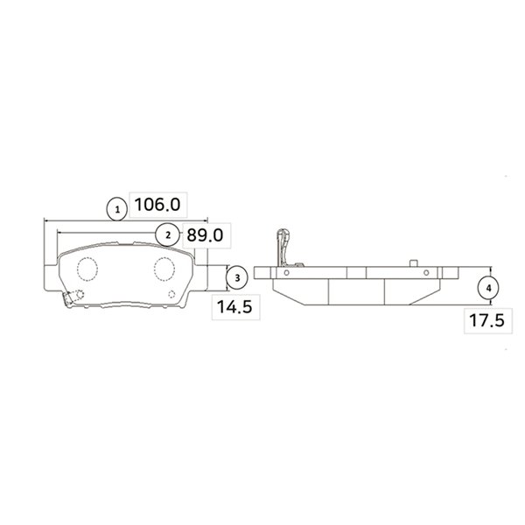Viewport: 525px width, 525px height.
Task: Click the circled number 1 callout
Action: (x=117, y=210)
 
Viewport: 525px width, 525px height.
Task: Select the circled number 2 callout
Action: (x=168, y=235)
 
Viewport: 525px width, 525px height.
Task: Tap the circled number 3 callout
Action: (x=237, y=278)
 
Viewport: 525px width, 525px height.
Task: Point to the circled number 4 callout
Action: (x=488, y=288)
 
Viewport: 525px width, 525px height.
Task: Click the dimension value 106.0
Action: (x=157, y=205)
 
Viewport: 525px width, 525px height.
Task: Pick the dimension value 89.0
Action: (x=205, y=235)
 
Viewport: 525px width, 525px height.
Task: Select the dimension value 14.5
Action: (x=234, y=307)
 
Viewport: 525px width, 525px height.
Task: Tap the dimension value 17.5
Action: (x=486, y=320)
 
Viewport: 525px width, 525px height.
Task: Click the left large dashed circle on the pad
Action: (x=87, y=269)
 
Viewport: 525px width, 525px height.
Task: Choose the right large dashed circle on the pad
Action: (x=164, y=269)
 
